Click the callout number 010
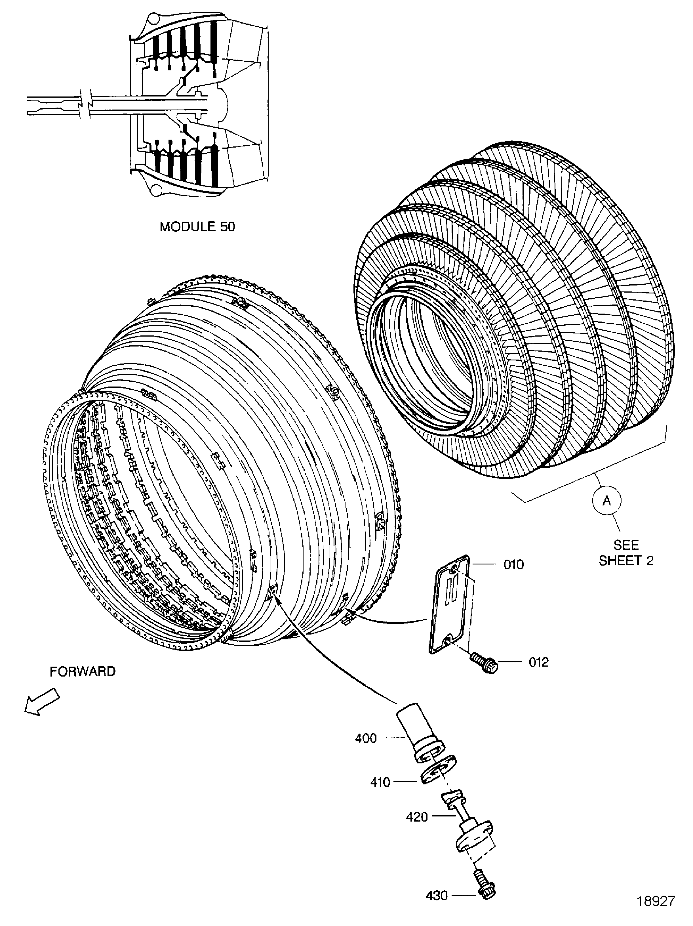[513, 565]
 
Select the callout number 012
[539, 662]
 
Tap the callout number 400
[366, 738]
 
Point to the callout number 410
[380, 782]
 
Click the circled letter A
[606, 501]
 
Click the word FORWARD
[83, 671]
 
